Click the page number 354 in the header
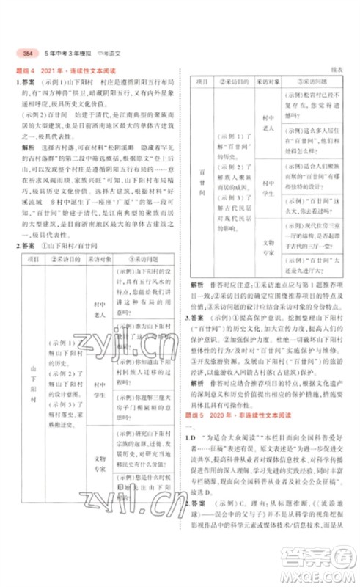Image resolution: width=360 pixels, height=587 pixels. (x=28, y=54)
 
